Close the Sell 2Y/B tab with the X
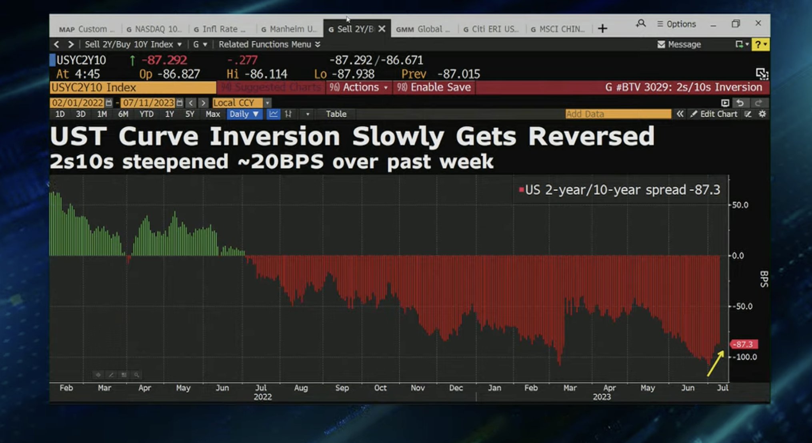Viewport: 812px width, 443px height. click(x=382, y=29)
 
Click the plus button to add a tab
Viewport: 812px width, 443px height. click(x=602, y=28)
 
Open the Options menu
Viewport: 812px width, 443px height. click(x=676, y=24)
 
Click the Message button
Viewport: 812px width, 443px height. click(x=679, y=44)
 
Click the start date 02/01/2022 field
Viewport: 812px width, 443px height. click(x=78, y=103)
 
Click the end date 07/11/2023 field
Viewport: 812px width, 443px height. click(x=148, y=103)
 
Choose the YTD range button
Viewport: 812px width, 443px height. click(x=146, y=114)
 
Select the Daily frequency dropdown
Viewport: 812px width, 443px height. click(x=244, y=114)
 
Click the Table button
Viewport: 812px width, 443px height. click(x=336, y=114)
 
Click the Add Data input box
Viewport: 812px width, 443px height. click(x=618, y=114)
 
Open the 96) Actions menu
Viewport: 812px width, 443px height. click(x=358, y=87)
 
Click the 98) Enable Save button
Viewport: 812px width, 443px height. click(x=434, y=87)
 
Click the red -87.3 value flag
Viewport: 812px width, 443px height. click(x=744, y=344)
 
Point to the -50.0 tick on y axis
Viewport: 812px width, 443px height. click(x=744, y=306)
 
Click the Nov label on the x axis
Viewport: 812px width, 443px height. click(x=418, y=388)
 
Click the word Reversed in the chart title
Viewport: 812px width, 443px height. click(x=591, y=137)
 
